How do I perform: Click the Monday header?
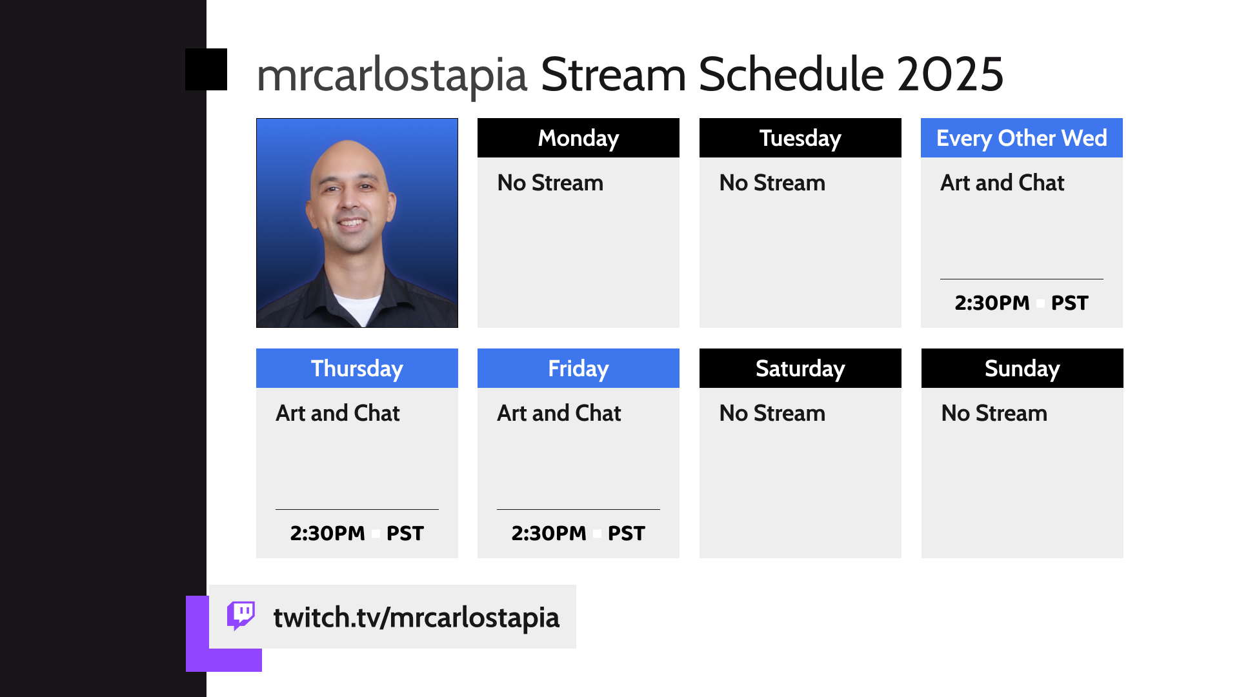578,137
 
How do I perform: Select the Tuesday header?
800,137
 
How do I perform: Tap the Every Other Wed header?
1022,137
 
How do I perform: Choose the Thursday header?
357,368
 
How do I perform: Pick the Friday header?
578,368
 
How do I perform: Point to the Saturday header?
800,368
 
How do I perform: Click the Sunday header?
1022,368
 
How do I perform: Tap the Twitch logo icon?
241,616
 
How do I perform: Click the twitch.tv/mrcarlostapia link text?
416,618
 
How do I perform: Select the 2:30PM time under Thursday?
327,533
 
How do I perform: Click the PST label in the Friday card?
626,533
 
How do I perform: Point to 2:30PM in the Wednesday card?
992,303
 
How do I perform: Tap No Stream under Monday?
550,183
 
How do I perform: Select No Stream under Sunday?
994,413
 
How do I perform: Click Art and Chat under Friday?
559,413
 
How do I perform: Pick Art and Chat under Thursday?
337,413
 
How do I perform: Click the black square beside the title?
206,69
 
